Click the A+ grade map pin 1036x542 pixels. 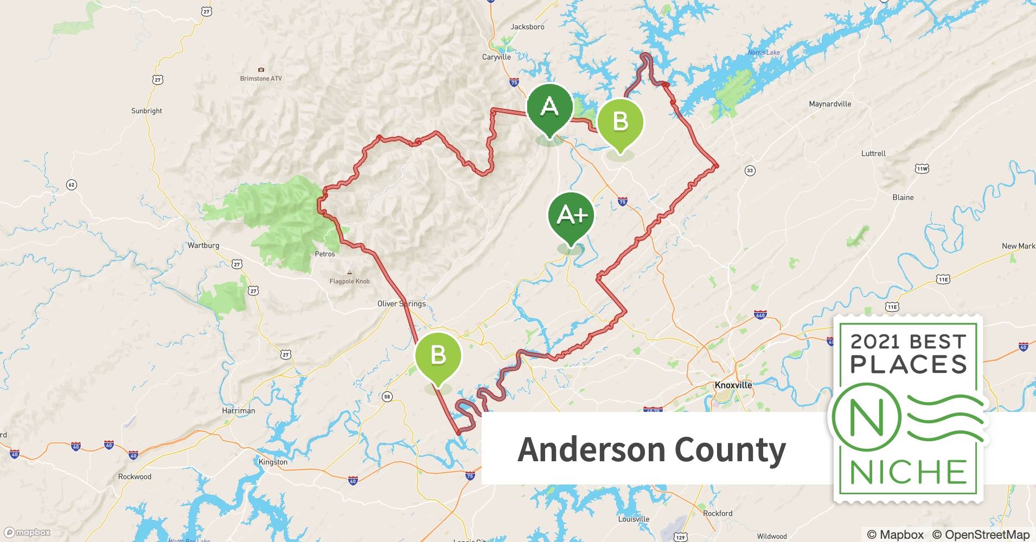tap(571, 217)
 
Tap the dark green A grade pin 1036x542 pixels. tap(549, 108)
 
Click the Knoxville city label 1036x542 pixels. tap(733, 385)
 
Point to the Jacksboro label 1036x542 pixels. tap(527, 27)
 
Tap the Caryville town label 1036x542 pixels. tap(496, 57)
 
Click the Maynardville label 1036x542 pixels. tap(830, 104)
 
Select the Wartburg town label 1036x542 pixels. tap(203, 246)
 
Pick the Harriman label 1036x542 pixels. tap(238, 410)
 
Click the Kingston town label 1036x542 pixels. tap(273, 462)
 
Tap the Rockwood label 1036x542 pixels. tap(135, 477)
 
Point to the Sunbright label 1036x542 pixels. tap(146, 111)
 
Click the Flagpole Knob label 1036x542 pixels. tap(349, 281)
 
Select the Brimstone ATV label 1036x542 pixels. tap(261, 79)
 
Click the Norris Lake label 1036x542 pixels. tap(763, 53)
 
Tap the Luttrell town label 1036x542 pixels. tap(873, 153)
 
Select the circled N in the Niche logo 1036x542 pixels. tap(866, 417)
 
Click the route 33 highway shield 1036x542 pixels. tap(750, 171)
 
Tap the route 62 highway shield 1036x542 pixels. tap(72, 185)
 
